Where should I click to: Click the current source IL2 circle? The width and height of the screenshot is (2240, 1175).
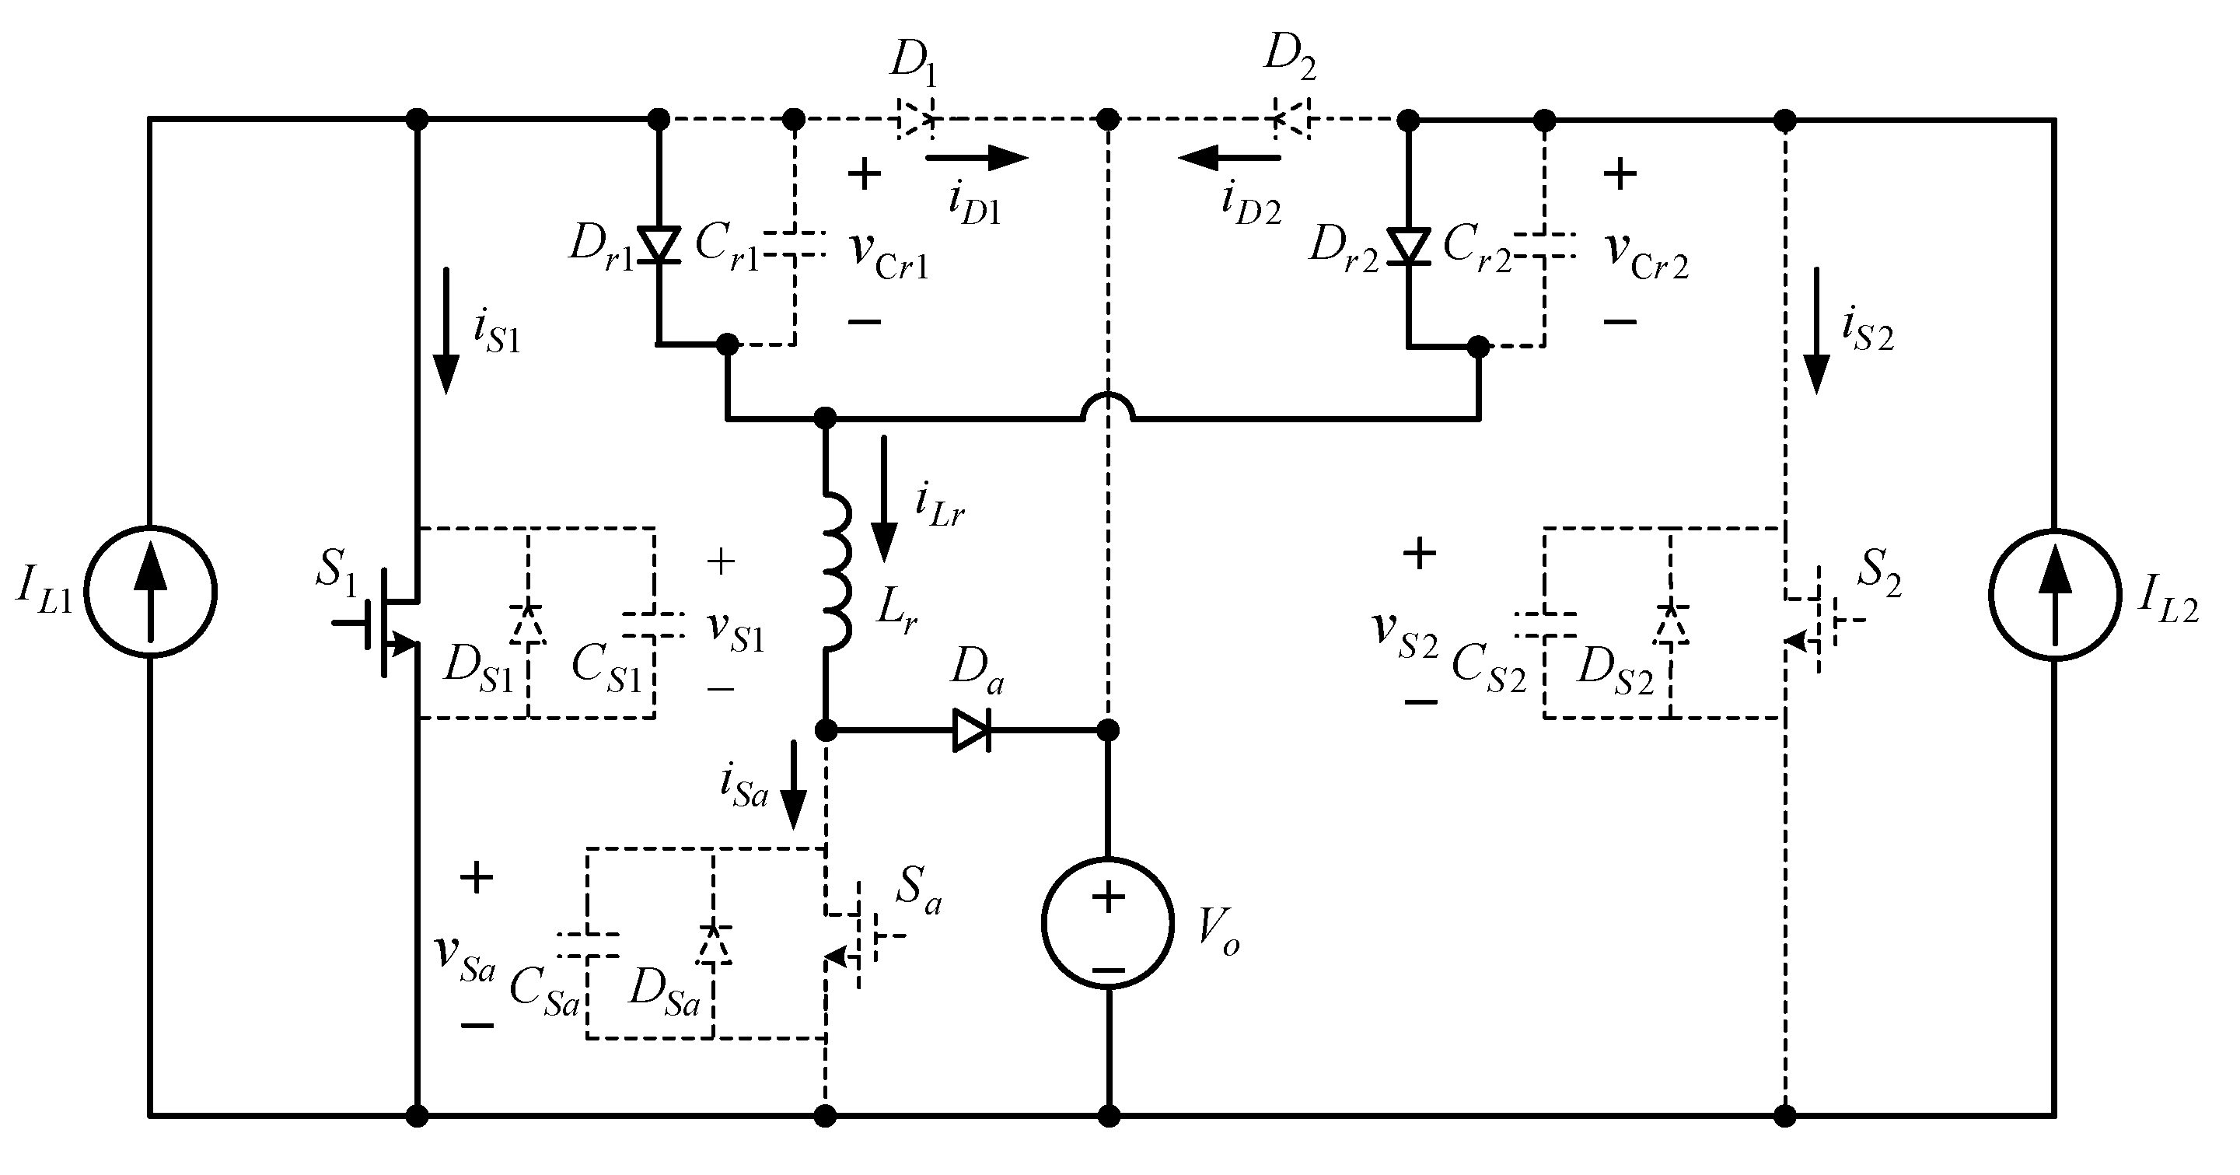coord(2054,594)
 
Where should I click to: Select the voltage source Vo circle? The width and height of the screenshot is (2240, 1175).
coord(1107,923)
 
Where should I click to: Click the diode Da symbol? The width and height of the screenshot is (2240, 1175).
coord(971,729)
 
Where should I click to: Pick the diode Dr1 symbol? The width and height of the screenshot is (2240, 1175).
coord(659,245)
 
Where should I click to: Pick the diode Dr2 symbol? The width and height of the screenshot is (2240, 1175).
coord(1408,247)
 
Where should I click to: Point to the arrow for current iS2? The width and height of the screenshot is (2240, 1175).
coord(1815,330)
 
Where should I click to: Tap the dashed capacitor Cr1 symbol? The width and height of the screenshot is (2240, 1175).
coord(794,243)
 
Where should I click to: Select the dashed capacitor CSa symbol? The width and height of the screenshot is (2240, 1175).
coord(588,946)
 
